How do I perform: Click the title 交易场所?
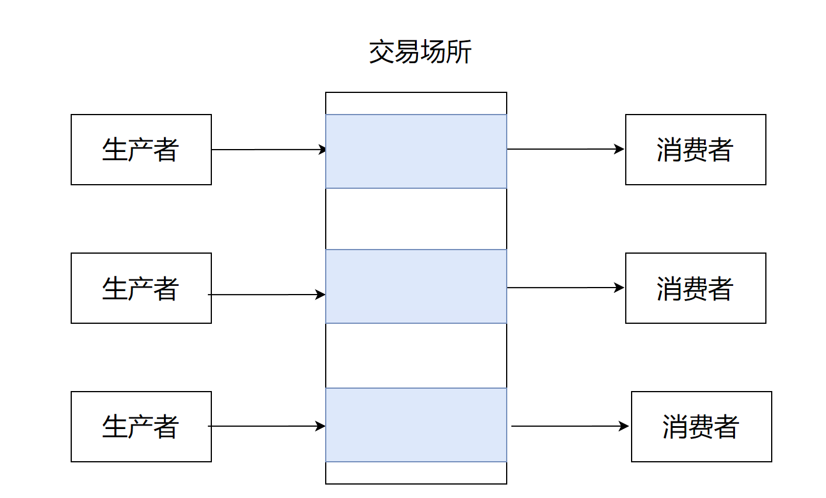(420, 52)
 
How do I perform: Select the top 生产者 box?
(141, 150)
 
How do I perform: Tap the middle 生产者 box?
(141, 288)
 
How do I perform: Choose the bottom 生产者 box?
(141, 426)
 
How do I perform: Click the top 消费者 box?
(695, 150)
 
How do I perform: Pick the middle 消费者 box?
(695, 288)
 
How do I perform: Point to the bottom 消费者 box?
(701, 426)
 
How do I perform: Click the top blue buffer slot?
(416, 151)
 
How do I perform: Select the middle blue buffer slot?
(416, 286)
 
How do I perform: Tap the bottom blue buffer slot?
(416, 425)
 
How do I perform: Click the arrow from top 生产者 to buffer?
(269, 150)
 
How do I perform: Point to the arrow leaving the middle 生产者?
(267, 295)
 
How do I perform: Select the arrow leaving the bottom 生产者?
(267, 426)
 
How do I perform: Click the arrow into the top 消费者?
(566, 149)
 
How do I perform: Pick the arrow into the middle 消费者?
(566, 288)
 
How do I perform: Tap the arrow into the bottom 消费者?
(570, 426)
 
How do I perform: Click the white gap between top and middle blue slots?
(416, 219)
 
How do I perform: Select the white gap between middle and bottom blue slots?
(416, 356)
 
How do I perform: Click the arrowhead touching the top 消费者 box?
(619, 149)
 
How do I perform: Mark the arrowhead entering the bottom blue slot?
(320, 426)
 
